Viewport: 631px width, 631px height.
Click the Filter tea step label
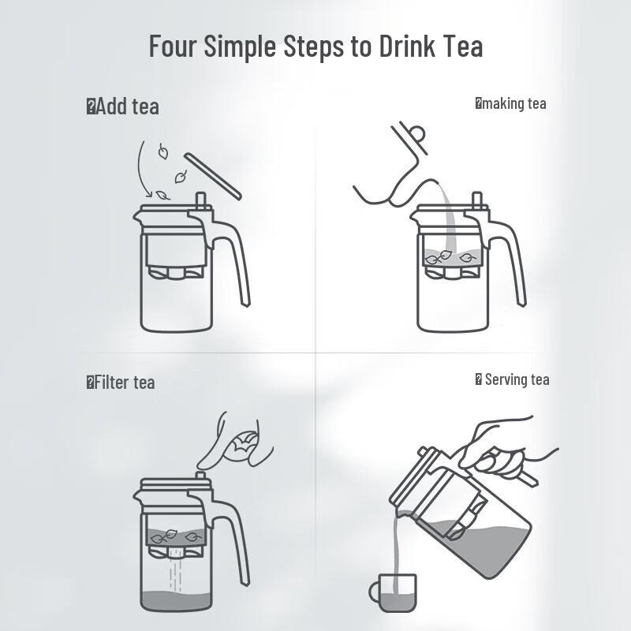tap(123, 383)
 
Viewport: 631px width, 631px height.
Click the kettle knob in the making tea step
tap(412, 133)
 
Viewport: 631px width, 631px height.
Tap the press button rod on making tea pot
tap(476, 200)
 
